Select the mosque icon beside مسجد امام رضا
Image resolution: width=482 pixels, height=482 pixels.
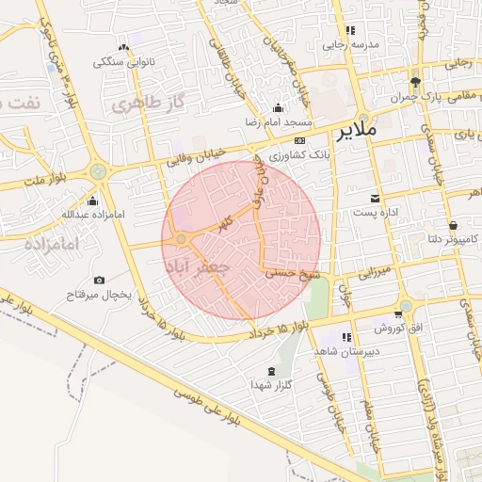tap(277, 107)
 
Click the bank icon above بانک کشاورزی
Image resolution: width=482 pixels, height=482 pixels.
tap(300, 140)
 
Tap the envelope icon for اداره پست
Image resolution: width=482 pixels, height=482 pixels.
tap(376, 198)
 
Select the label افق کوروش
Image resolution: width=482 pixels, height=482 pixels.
tap(389, 329)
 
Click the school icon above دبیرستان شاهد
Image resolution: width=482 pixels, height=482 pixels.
tap(346, 336)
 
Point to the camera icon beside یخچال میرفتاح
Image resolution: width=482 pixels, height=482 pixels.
tap(100, 281)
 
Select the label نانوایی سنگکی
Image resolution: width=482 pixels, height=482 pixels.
tap(121, 62)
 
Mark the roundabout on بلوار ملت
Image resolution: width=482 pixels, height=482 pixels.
tap(98, 171)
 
